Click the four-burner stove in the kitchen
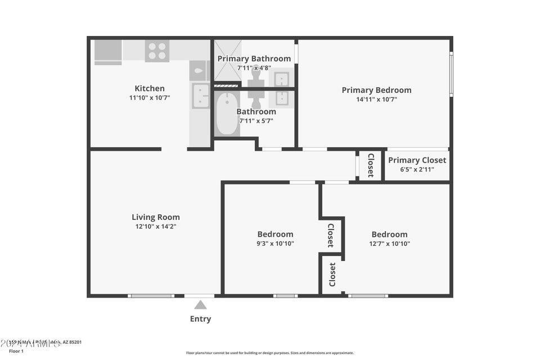point(157,51)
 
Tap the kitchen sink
point(200,96)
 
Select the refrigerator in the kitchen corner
point(107,51)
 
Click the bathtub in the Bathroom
point(227,114)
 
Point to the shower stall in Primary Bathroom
point(228,61)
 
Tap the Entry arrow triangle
point(200,305)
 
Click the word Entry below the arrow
point(200,319)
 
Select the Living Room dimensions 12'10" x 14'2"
point(156,227)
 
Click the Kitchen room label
point(150,88)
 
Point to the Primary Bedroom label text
point(376,90)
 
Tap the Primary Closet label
point(417,160)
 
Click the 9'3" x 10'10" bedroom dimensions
point(276,244)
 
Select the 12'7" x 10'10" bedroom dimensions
point(389,244)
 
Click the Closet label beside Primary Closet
point(371,165)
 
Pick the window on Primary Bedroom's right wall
point(451,74)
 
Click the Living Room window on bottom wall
point(151,295)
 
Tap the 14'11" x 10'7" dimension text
point(376,100)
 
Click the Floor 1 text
point(16,351)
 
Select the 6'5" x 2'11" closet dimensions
point(417,169)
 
